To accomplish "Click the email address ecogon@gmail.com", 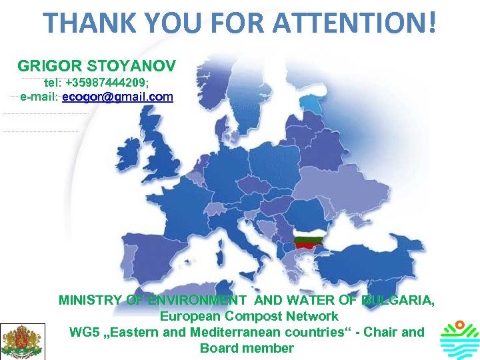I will [117, 97].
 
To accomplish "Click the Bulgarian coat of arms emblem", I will [23, 341].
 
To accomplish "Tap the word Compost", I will [249, 317].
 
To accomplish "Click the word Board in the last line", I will [217, 348].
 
